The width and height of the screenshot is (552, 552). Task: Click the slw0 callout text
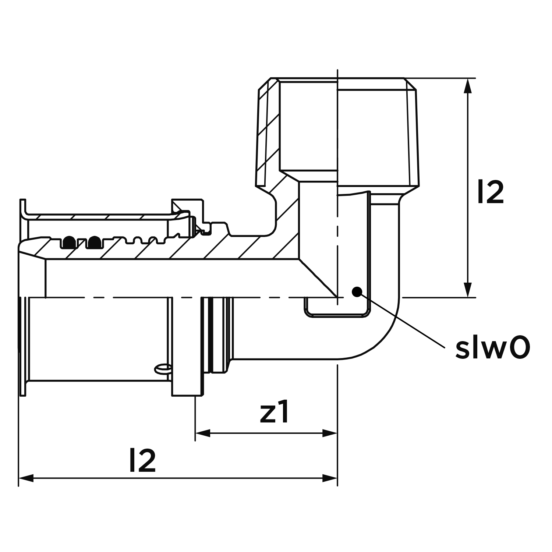click(x=493, y=348)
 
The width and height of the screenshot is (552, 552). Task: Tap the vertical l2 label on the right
click(x=491, y=192)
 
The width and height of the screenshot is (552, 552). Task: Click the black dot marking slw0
click(x=356, y=291)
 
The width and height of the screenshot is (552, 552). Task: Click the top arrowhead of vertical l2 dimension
click(x=468, y=86)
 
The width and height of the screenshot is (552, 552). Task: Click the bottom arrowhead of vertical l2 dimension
click(x=468, y=289)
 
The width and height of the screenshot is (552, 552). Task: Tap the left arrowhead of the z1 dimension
click(x=202, y=433)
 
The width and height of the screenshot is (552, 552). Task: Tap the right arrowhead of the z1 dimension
click(x=330, y=433)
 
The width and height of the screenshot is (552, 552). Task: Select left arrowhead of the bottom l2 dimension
click(x=26, y=478)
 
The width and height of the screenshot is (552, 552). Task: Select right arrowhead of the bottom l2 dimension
click(x=330, y=478)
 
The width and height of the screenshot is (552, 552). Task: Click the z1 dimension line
click(x=266, y=433)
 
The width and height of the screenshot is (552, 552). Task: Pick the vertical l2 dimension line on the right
click(x=468, y=188)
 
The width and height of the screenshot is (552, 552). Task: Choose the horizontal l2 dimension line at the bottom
click(x=178, y=478)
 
